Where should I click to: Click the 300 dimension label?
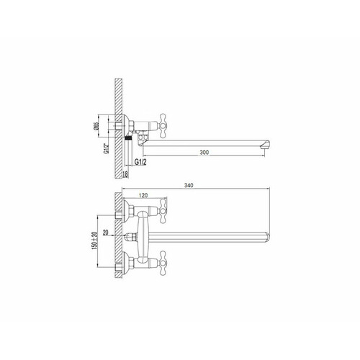[204, 152]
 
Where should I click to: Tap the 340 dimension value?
[189, 185]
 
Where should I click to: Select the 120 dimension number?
[143, 195]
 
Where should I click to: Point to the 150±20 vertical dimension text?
[94, 240]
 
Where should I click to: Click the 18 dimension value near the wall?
[125, 174]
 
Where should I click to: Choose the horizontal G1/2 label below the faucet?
[140, 162]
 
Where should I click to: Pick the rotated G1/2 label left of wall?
[106, 148]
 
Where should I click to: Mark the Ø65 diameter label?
[96, 126]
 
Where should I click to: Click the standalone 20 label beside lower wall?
[106, 233]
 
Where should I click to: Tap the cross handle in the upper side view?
[163, 126]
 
